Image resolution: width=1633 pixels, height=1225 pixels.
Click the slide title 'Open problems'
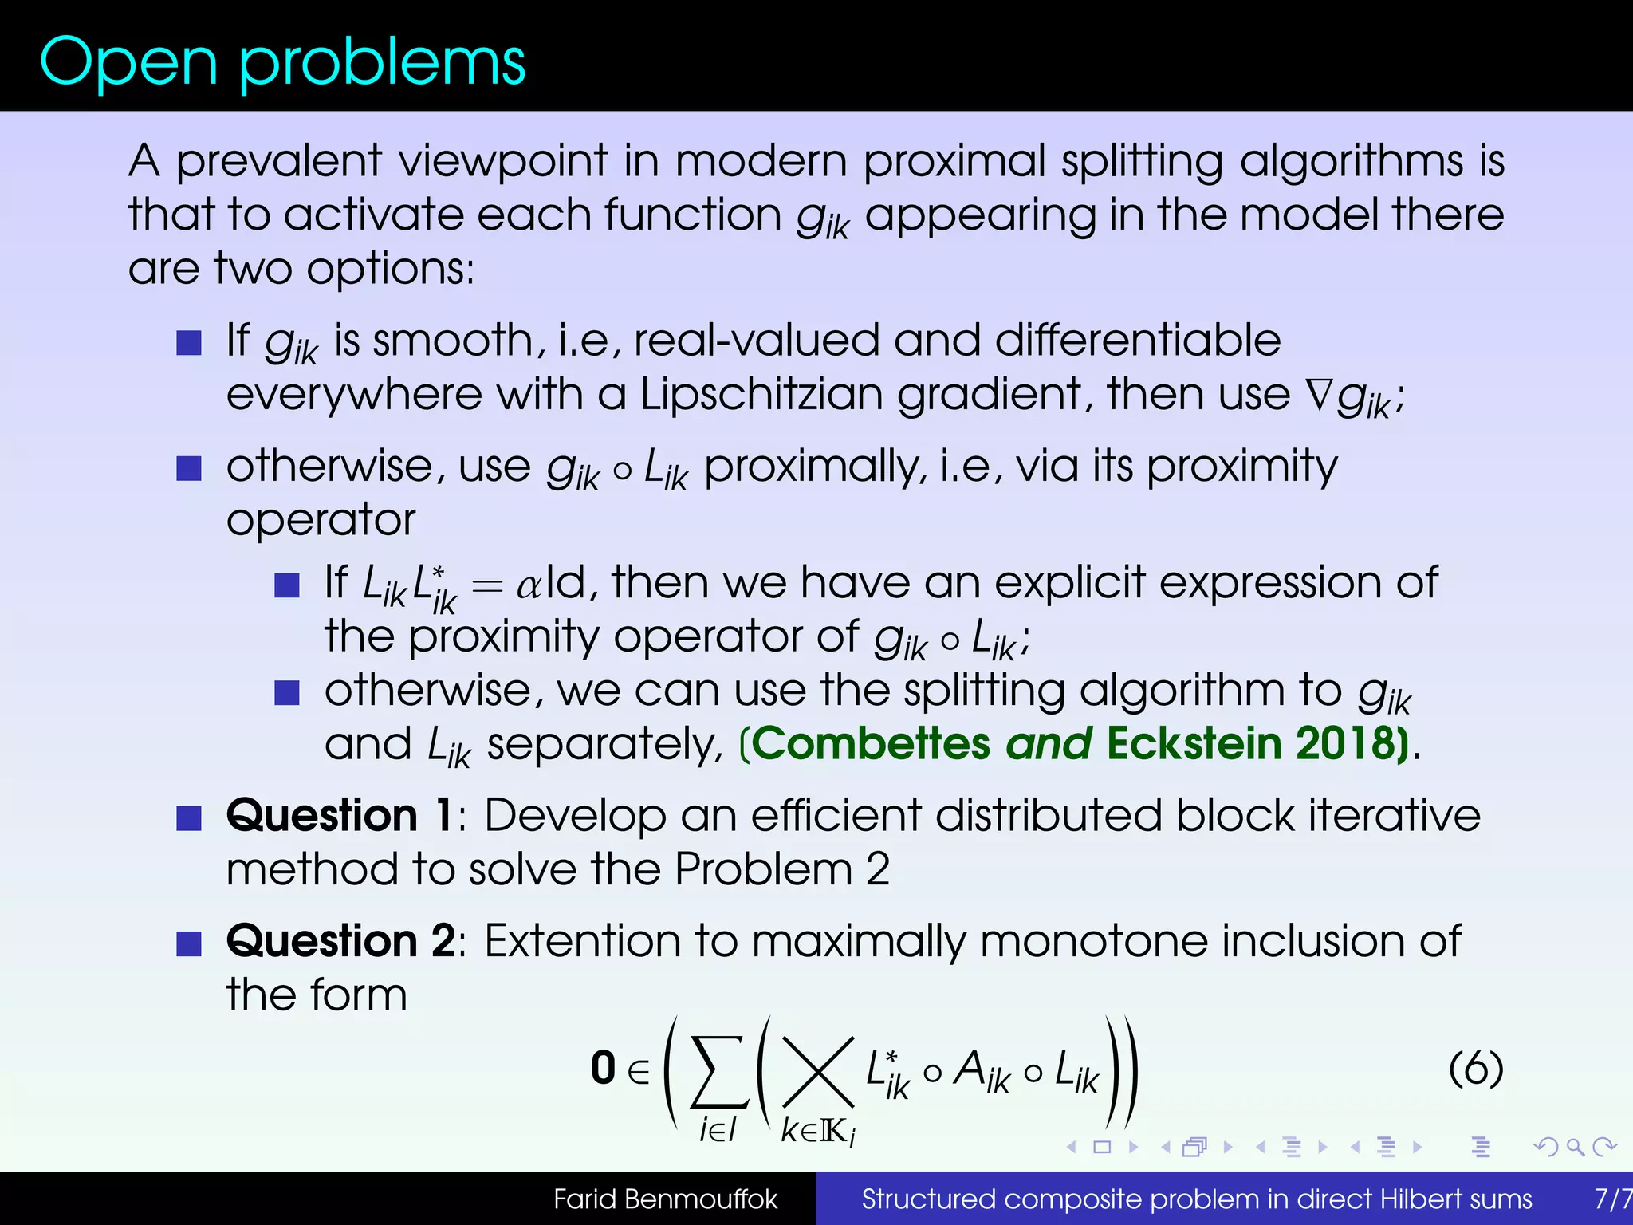click(x=282, y=62)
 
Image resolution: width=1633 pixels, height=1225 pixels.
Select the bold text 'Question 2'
click(x=340, y=941)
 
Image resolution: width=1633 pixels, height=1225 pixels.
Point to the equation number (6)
click(x=1475, y=1069)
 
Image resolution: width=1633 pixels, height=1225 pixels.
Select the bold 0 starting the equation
click(x=604, y=1069)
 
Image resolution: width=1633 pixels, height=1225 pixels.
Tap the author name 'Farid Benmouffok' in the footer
click(x=665, y=1199)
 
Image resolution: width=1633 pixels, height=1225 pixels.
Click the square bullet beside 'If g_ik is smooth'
click(x=189, y=343)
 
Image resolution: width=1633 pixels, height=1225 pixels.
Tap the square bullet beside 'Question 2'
click(x=189, y=944)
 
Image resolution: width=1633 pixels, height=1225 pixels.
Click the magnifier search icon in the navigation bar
click(x=1575, y=1148)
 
